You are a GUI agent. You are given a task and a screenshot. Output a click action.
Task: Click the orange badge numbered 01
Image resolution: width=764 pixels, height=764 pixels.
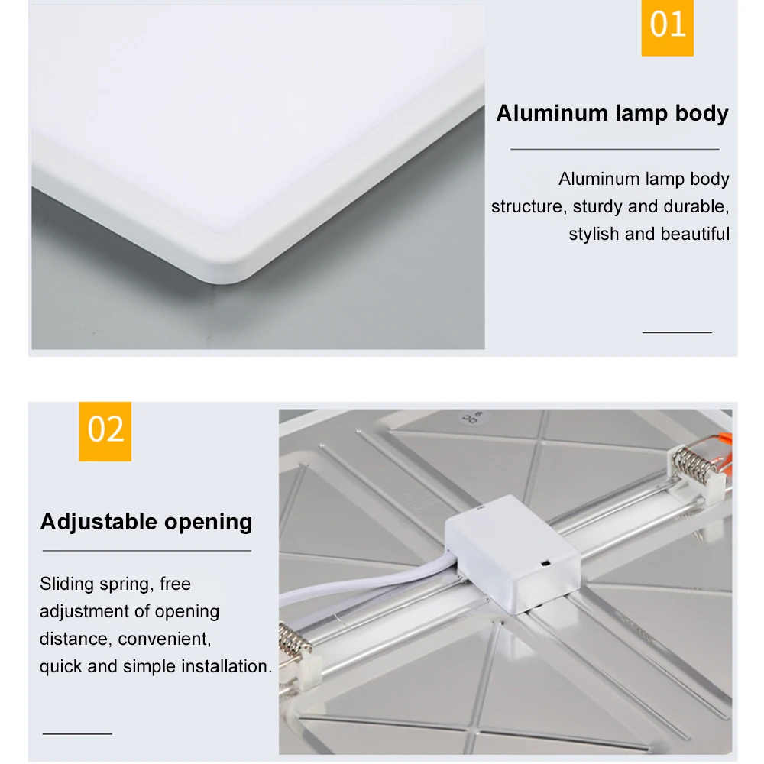[667, 27]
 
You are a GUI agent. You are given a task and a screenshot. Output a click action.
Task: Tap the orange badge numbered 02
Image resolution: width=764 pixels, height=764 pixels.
[105, 431]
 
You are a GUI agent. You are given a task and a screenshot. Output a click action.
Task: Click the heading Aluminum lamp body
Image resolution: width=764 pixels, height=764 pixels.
[612, 114]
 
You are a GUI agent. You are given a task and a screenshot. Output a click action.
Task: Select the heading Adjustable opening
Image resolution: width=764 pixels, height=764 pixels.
[146, 523]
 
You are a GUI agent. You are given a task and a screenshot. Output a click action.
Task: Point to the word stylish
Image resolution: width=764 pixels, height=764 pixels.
[594, 235]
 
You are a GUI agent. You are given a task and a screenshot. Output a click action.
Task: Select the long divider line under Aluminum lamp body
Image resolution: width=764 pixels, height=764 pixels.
[614, 150]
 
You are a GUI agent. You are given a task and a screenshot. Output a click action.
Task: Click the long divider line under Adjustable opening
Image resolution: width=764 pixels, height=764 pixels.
[146, 550]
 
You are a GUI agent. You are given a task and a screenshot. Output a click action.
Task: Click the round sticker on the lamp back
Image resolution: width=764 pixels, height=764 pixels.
[467, 418]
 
